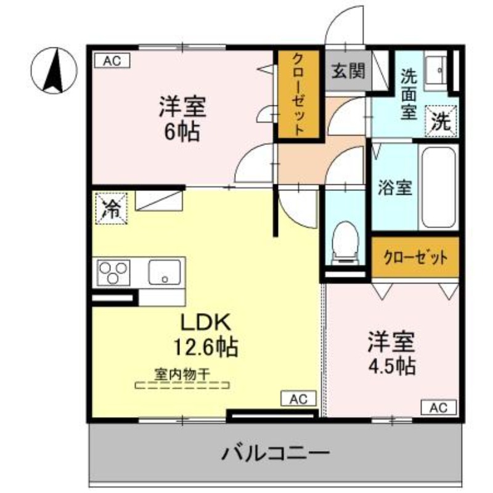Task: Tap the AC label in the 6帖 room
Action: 112,60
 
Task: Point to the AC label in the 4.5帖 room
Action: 438,407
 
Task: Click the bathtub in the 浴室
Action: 439,187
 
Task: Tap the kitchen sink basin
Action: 164,272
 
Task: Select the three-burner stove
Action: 115,272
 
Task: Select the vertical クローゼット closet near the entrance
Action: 298,94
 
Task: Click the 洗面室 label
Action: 409,94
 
